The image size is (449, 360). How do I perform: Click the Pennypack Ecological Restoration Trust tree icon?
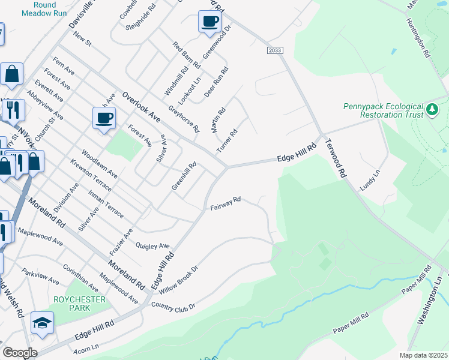tap(432, 110)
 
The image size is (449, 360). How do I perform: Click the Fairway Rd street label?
tap(225, 203)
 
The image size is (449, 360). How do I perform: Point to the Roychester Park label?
tap(79, 304)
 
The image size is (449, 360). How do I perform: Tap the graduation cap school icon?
tap(43, 323)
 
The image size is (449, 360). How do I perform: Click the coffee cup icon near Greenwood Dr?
tap(209, 22)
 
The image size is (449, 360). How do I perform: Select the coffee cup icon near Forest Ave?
tap(104, 117)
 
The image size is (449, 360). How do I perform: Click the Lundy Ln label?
tap(370, 179)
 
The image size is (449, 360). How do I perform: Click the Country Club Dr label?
tap(173, 306)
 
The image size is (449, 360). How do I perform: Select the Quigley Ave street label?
tap(153, 246)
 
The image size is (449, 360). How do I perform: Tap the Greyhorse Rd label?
tap(184, 119)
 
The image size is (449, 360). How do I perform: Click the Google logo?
tap(20, 353)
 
